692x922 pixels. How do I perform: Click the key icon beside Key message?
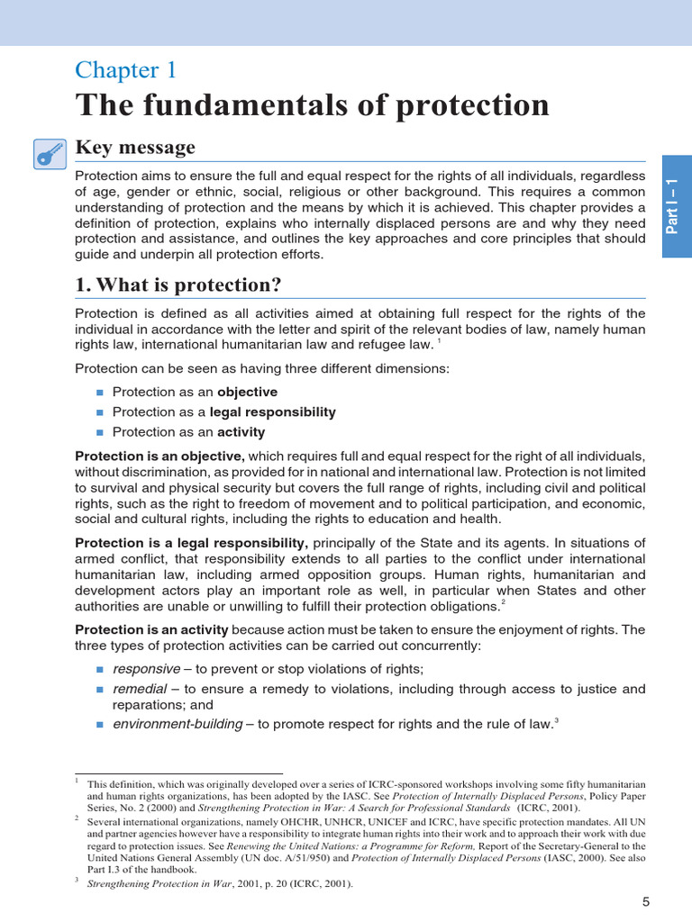[49, 154]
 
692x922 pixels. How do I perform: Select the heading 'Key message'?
[135, 148]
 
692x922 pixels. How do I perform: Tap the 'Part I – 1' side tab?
[677, 206]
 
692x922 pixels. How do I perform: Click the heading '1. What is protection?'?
[178, 285]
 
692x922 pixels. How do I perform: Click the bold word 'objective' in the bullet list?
[247, 392]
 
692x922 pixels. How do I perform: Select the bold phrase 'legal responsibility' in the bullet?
[273, 411]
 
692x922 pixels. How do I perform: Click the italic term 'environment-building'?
[178, 723]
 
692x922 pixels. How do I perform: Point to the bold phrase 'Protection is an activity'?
[151, 628]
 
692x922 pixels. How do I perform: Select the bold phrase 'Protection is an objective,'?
[159, 456]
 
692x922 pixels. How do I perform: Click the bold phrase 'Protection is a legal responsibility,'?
[192, 542]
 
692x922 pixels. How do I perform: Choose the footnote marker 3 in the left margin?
[77, 880]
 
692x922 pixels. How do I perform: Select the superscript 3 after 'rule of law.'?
[555, 719]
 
